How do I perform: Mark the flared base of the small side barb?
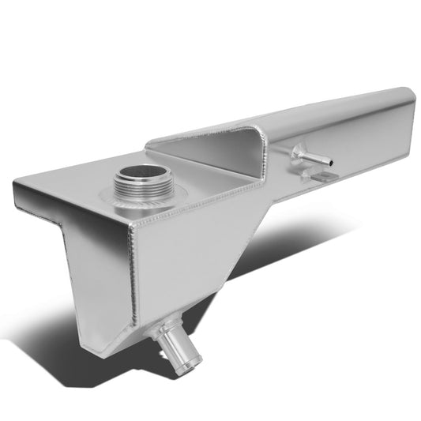298,152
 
